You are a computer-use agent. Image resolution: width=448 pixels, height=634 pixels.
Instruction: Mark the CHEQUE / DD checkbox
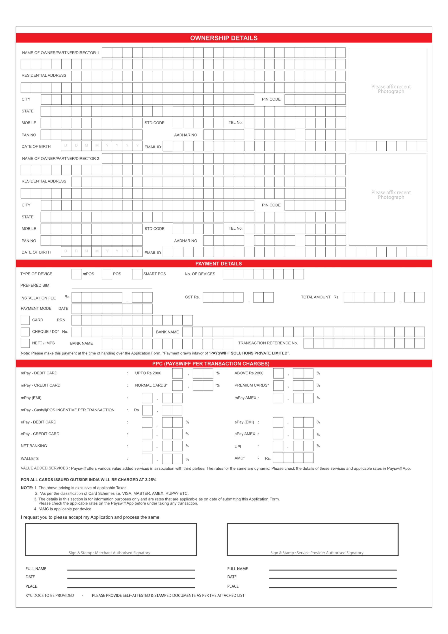(25, 332)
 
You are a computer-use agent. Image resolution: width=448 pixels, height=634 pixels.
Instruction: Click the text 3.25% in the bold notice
(151, 480)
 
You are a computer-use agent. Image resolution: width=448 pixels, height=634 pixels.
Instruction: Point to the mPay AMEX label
(245, 398)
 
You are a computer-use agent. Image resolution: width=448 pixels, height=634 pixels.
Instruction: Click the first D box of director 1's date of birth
(66, 145)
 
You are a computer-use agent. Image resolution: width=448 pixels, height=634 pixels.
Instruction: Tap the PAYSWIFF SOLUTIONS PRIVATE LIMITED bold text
(249, 353)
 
